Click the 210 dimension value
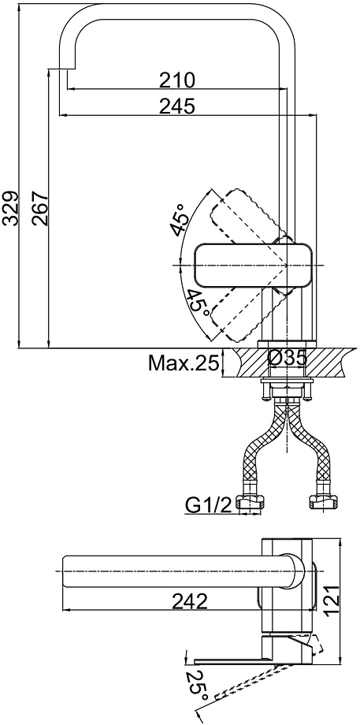(177, 80)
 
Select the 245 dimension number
(177, 107)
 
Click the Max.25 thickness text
(183, 363)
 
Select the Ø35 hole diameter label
(287, 358)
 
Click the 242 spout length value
(190, 601)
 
